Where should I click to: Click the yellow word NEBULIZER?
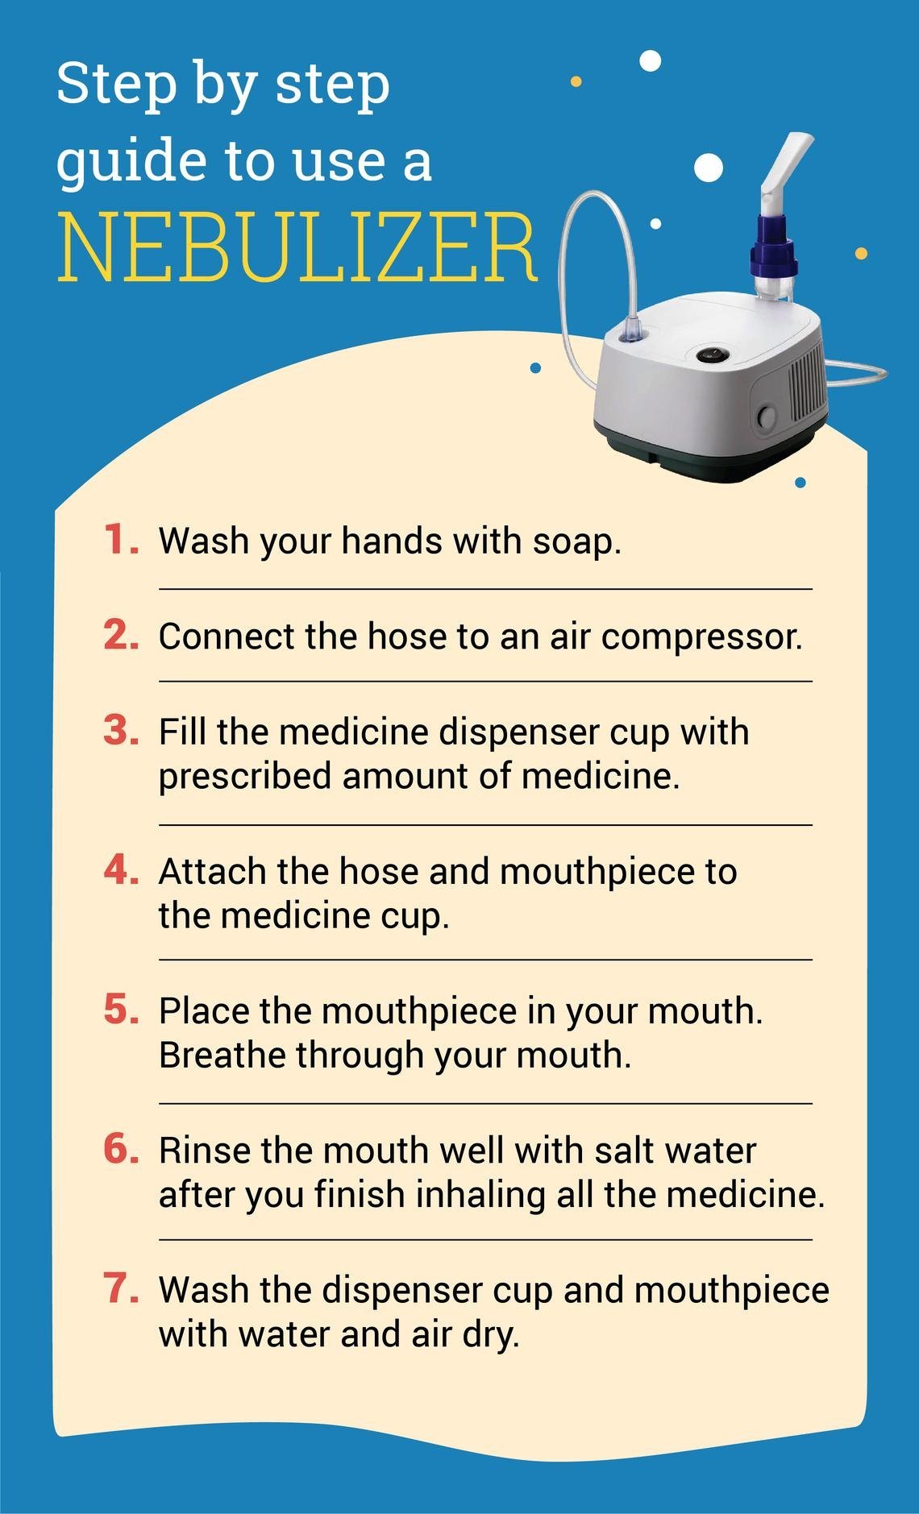297,248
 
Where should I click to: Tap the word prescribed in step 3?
244,777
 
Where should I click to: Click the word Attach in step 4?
212,871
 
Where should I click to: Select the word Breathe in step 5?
222,1055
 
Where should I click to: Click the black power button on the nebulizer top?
710,354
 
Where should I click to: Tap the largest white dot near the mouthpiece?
709,168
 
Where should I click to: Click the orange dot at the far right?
860,254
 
